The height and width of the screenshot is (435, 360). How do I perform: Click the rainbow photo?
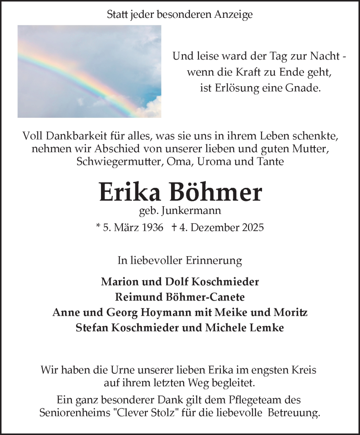(x=89, y=71)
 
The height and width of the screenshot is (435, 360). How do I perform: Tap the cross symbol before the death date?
(x=174, y=228)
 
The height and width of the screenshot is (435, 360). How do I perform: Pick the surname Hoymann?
(x=151, y=312)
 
